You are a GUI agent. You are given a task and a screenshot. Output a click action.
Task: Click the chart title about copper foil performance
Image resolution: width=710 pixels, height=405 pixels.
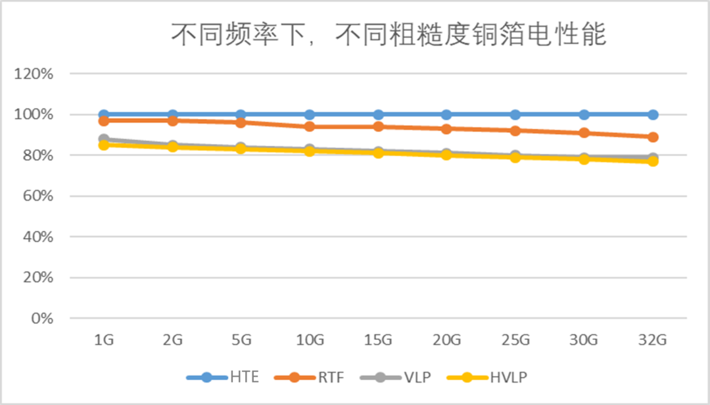[x=389, y=35]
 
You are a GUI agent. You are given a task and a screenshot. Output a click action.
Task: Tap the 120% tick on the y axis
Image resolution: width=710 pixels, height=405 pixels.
[x=33, y=74]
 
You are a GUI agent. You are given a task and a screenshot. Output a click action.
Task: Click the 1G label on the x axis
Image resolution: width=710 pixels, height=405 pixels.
[x=104, y=340]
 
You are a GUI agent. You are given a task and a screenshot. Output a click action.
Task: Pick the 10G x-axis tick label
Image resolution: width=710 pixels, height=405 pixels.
[x=310, y=340]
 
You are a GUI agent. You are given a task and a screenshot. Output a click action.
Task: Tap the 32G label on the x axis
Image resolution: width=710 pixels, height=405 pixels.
[x=653, y=340]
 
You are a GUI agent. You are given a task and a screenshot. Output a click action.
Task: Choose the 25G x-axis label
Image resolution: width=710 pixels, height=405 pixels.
[x=515, y=340]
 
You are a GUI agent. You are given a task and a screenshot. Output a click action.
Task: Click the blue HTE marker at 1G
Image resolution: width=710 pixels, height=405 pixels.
[x=104, y=114]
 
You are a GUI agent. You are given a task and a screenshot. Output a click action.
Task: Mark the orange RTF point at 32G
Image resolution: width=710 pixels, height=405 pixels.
[x=653, y=137]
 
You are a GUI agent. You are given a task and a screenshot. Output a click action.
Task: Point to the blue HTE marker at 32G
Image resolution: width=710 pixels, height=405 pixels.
[x=653, y=114]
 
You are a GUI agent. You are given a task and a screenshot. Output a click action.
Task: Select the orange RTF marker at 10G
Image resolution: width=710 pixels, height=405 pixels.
[x=310, y=127]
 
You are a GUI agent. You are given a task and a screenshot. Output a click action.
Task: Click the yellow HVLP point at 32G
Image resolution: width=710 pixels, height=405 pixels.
[x=653, y=161]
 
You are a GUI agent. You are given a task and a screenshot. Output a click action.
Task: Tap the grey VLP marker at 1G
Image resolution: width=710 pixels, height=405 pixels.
[x=104, y=139]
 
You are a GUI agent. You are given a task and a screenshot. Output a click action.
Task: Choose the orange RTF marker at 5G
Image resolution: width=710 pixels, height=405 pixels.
[x=241, y=122]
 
